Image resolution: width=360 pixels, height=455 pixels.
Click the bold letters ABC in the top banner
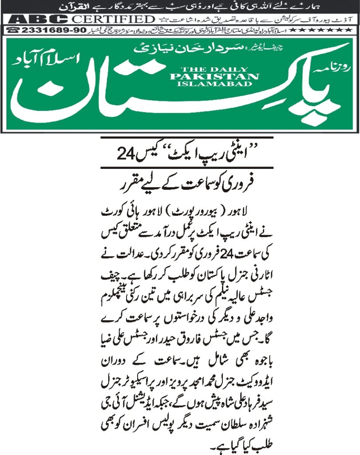coord(39,20)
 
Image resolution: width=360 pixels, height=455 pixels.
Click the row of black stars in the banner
coord(323,30)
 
